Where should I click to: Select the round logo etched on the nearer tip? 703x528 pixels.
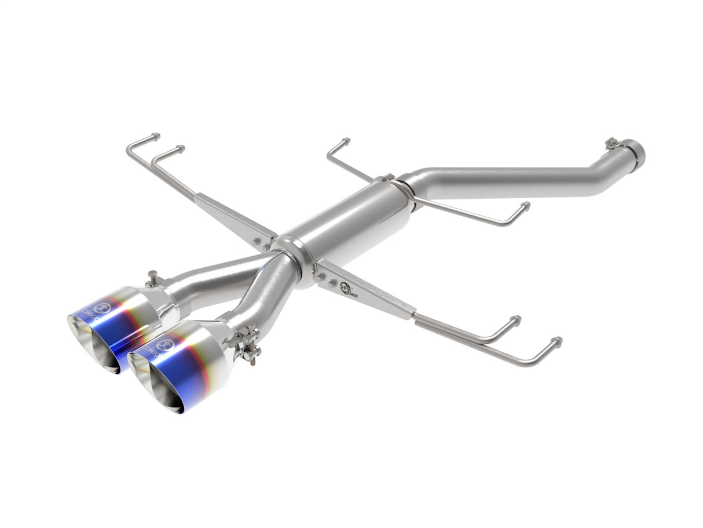(163, 345)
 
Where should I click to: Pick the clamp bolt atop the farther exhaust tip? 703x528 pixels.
(152, 278)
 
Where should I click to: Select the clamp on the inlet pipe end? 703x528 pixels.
(612, 144)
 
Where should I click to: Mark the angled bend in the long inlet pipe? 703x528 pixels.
(608, 173)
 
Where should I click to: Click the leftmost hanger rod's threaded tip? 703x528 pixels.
(156, 136)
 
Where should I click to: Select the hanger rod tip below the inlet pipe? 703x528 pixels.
(524, 205)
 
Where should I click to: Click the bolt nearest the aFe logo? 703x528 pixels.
(334, 283)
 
